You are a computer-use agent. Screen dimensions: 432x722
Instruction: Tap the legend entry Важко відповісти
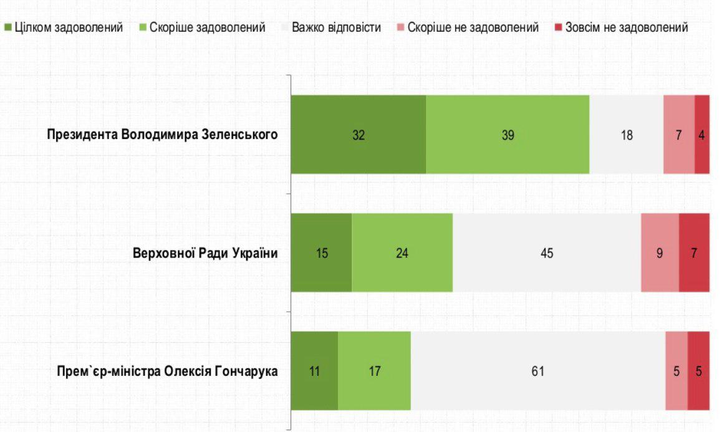click(330, 28)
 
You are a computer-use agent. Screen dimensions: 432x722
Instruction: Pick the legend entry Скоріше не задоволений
click(468, 28)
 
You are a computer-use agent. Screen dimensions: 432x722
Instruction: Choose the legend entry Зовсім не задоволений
click(622, 28)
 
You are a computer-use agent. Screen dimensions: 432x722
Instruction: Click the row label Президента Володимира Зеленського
click(162, 135)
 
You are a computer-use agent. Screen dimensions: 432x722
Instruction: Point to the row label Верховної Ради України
click(205, 253)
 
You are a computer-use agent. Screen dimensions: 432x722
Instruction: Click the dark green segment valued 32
click(359, 135)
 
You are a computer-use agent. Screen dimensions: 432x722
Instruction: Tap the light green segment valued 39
click(508, 135)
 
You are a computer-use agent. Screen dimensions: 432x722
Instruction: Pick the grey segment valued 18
click(627, 135)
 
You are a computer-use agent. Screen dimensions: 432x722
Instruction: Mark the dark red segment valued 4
click(702, 135)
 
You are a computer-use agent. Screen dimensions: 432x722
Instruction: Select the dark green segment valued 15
click(322, 253)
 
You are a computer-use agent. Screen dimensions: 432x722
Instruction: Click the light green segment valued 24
click(402, 253)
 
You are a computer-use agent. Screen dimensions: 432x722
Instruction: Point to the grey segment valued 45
click(547, 253)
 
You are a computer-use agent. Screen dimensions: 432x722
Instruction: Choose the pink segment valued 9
click(660, 253)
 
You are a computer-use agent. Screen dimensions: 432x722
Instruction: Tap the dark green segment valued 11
click(314, 372)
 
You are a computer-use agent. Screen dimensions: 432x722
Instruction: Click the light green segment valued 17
click(374, 372)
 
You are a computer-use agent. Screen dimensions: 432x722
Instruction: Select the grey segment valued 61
click(538, 372)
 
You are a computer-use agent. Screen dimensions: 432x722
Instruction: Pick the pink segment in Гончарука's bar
click(676, 372)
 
